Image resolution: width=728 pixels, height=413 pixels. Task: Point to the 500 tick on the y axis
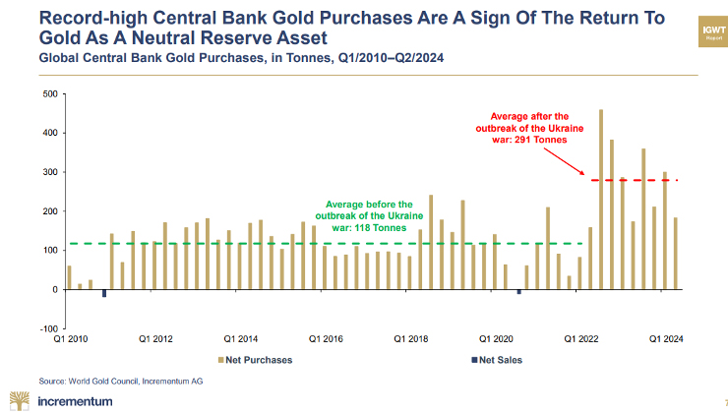pyautogui.click(x=49, y=94)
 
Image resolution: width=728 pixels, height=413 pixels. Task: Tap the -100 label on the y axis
pyautogui.click(x=47, y=328)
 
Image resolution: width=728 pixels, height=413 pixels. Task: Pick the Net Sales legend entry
pyautogui.click(x=498, y=360)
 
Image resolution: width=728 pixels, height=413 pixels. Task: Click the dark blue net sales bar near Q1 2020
pyautogui.click(x=519, y=291)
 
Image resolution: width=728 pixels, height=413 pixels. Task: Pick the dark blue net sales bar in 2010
pyautogui.click(x=103, y=292)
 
